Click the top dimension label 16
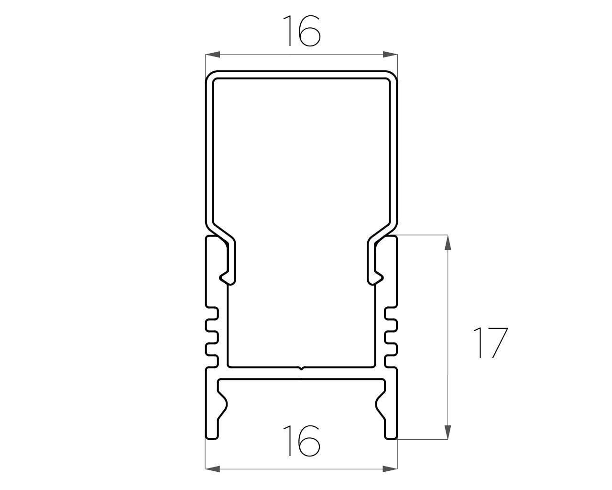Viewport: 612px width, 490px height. click(301, 31)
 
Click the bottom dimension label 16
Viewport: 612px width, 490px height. click(301, 441)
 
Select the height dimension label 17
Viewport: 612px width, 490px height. click(491, 343)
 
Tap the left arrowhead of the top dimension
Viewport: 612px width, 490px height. click(212, 55)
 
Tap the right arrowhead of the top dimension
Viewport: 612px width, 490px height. click(390, 55)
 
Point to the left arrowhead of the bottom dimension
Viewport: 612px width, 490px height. click(212, 469)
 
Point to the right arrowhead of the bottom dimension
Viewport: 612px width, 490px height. click(390, 469)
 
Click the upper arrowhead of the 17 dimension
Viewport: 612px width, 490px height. click(448, 242)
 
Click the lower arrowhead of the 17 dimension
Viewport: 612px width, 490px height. click(448, 432)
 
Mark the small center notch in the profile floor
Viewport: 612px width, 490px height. click(301, 368)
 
